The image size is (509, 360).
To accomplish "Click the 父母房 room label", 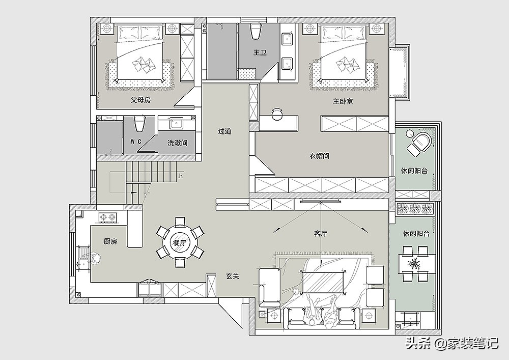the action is pos(140,100).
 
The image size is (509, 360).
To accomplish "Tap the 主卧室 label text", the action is pos(343,102).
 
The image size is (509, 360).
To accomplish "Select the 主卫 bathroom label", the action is pos(260,52).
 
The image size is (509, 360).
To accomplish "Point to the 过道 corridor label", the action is pos(224,131).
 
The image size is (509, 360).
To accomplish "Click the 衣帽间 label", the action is pos(319,156).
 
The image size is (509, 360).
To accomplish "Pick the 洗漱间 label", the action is pos(177,143).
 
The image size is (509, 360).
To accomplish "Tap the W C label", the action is pos(136,142).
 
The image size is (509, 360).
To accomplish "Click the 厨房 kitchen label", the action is pos(110,241).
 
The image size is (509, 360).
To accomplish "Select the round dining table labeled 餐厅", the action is pos(180,242).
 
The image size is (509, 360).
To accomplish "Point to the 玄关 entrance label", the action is pos(233,276).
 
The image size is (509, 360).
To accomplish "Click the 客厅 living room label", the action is pos(320,233).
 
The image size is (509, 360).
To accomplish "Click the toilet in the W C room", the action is pos(139,124).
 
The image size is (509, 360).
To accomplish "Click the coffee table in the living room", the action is pos(323,282).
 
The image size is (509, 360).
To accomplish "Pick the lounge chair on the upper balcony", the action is pos(420,143).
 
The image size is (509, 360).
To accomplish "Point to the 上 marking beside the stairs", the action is pos(180,176).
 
